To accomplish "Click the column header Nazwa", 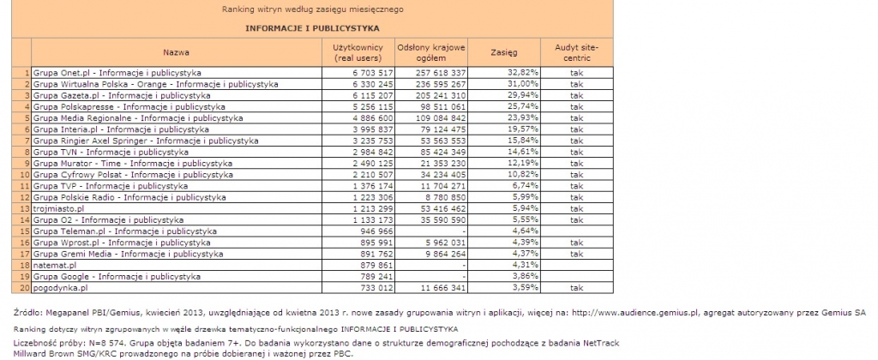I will pyautogui.click(x=176, y=51).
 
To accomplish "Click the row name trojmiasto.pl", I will pyautogui.click(x=58, y=208).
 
